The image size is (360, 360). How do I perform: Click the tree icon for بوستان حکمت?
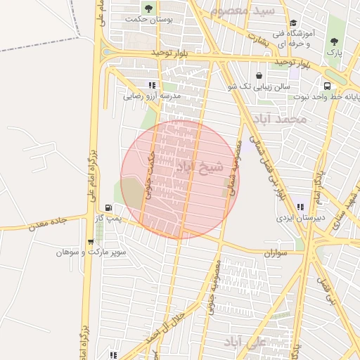(x=148, y=8)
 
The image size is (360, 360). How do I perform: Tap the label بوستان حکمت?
(x=148, y=20)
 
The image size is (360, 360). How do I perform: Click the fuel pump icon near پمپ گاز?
(x=108, y=207)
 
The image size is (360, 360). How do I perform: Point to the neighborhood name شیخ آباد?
(x=199, y=167)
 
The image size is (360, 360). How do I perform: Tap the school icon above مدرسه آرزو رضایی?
(x=153, y=85)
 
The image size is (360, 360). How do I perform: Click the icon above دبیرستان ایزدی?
(x=301, y=207)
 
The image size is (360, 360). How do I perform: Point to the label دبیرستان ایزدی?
(x=301, y=218)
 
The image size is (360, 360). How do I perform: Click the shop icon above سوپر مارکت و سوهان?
(x=91, y=242)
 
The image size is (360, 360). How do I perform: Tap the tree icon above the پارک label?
(x=334, y=41)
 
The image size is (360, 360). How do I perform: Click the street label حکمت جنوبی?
(x=150, y=169)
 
